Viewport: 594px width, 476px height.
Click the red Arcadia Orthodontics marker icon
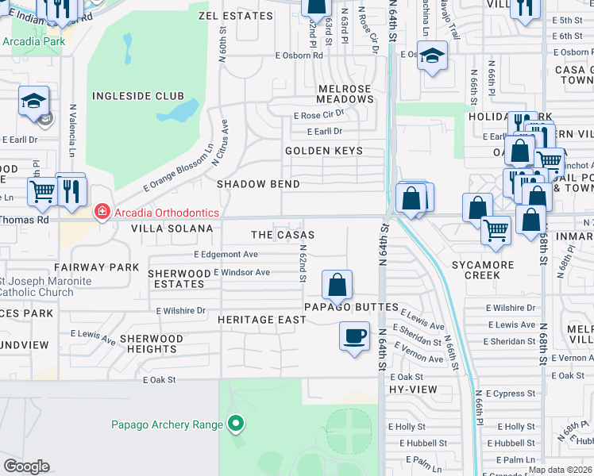[x=102, y=212]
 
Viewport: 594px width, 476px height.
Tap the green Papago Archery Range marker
[x=235, y=424]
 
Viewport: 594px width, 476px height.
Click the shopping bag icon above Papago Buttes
[x=337, y=283]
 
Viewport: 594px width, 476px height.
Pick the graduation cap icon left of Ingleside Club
[x=34, y=101]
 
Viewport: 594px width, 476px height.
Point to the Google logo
[x=26, y=466]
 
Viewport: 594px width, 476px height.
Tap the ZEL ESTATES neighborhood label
[x=229, y=15]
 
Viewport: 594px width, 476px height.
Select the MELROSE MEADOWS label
[x=345, y=94]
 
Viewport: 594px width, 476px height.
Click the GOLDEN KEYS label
[x=324, y=151]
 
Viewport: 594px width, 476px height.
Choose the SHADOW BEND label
[x=259, y=184]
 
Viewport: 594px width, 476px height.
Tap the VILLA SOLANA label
[x=172, y=228]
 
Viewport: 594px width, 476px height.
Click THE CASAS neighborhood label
[x=283, y=235]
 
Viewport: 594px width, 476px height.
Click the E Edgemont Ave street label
[x=226, y=255]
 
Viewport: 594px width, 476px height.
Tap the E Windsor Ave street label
[x=241, y=272]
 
